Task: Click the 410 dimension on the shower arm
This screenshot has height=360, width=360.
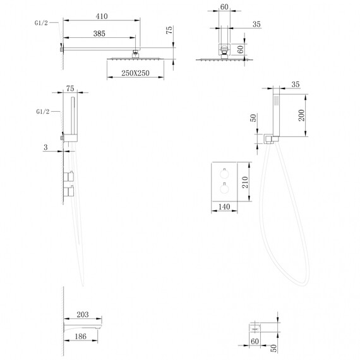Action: point(102,16)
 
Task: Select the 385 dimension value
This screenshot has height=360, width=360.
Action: point(99,33)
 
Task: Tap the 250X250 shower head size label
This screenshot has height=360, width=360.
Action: point(135,73)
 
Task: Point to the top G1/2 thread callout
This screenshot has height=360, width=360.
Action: point(41,23)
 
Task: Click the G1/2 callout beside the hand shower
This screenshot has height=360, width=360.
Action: point(43,112)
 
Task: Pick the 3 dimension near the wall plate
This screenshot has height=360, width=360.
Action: point(45,147)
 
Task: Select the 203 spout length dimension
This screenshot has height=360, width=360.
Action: point(83,315)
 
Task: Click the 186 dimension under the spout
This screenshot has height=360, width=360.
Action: point(81,337)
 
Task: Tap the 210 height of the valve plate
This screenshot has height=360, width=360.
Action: point(245,183)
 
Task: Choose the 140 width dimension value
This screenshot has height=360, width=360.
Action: point(224,207)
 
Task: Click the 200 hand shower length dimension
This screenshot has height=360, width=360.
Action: point(301,115)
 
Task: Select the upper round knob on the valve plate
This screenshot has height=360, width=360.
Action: point(224,173)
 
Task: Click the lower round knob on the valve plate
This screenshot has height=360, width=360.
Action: point(224,188)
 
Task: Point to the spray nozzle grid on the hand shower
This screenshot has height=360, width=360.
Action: point(277,100)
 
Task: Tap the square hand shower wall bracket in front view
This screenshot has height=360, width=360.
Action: point(268,139)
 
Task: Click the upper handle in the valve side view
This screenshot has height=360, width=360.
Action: point(68,176)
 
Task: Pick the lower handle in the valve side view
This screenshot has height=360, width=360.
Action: point(68,191)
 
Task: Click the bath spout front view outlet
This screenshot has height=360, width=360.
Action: point(255,327)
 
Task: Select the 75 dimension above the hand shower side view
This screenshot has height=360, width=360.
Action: point(70,88)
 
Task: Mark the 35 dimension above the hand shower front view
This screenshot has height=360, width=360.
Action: point(296,84)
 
